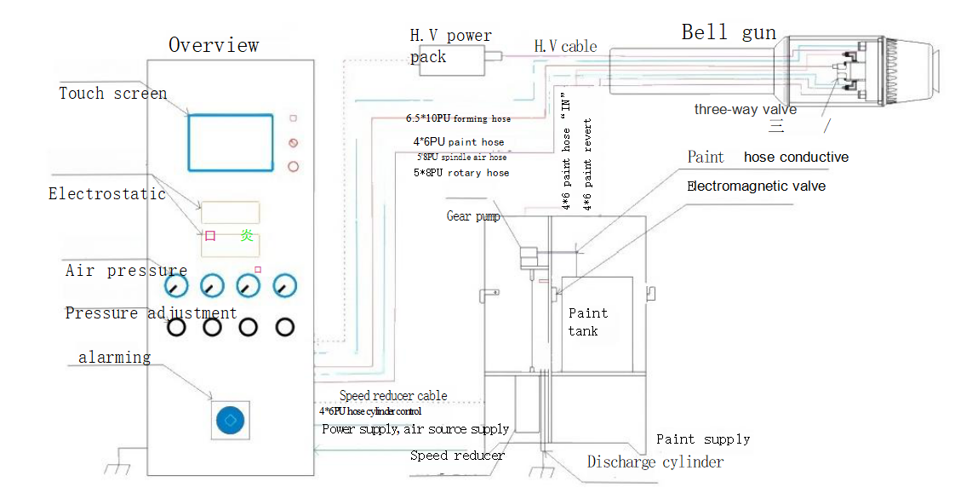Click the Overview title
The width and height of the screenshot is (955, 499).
click(x=214, y=45)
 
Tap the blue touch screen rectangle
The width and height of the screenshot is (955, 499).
click(x=231, y=142)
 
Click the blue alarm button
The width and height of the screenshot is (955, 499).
click(x=231, y=420)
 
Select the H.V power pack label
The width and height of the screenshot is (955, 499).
click(x=450, y=46)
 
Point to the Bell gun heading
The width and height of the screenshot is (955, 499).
click(x=729, y=33)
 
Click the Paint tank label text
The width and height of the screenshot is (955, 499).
click(x=587, y=322)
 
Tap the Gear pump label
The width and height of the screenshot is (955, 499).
click(x=473, y=216)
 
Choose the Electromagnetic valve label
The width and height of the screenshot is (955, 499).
click(x=756, y=186)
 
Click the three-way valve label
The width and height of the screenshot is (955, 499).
click(x=745, y=109)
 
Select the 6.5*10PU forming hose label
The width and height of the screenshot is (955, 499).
click(x=458, y=119)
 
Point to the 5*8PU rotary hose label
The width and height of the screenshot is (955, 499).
click(x=460, y=173)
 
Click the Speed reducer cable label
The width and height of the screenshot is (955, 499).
click(x=392, y=396)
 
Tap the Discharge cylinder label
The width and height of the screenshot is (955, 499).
click(x=655, y=462)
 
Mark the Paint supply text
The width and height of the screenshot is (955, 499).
click(x=703, y=439)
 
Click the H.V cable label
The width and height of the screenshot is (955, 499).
click(x=565, y=46)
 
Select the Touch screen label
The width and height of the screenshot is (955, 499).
click(x=112, y=94)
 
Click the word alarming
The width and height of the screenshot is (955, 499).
click(x=114, y=357)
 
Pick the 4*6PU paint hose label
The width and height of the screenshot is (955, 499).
click(x=458, y=142)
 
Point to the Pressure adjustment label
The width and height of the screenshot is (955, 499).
click(x=151, y=313)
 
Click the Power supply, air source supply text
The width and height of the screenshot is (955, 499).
click(x=415, y=429)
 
